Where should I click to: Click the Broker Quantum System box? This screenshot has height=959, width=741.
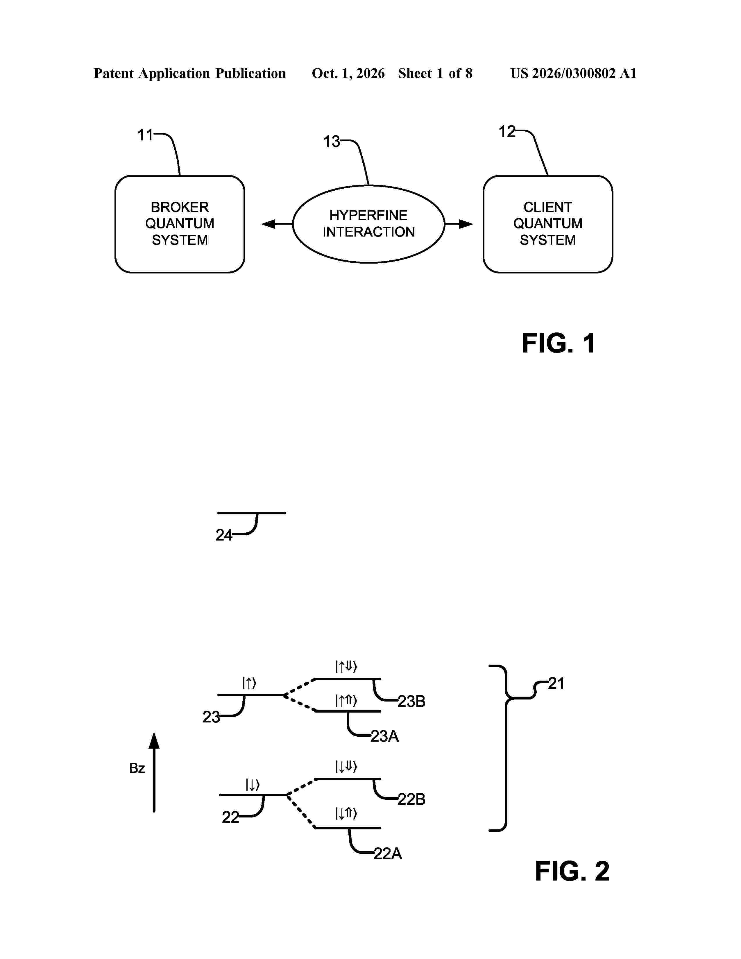[x=180, y=224]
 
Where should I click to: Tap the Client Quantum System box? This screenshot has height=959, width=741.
[x=548, y=224]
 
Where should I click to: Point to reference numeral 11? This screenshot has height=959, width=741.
[x=145, y=135]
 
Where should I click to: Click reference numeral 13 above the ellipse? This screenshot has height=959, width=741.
[x=332, y=142]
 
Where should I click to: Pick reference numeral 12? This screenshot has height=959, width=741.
[x=506, y=131]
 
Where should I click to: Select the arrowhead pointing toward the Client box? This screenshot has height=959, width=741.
[x=466, y=224]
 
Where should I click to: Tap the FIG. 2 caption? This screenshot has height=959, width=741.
[x=572, y=871]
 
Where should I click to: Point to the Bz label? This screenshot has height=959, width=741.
[x=137, y=768]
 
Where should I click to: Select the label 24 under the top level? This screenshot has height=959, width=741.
[x=223, y=535]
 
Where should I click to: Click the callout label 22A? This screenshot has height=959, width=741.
[x=388, y=853]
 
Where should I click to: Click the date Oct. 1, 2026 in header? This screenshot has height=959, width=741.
[x=348, y=73]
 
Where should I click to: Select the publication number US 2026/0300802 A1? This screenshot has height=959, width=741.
[x=573, y=73]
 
